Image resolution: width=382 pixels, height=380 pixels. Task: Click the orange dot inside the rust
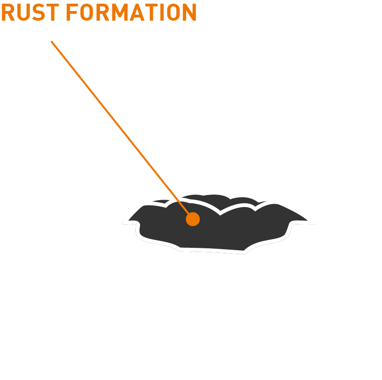coord(193,219)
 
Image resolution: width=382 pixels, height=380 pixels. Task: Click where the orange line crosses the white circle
coord(93,94)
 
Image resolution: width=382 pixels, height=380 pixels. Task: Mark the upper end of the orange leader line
coord(51,42)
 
